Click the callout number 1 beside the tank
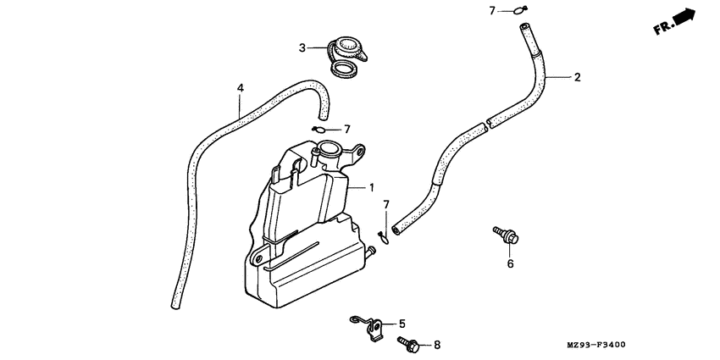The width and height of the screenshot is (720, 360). coord(372,187)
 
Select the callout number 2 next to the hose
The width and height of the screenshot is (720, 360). coord(577,77)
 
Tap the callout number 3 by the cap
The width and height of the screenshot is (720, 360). coord(302,47)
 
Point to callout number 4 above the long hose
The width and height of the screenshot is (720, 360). coord(240,88)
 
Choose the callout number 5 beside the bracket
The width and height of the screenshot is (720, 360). coord(402,324)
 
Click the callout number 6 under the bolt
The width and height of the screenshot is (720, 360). coord(510,263)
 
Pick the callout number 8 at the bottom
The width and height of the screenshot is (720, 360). coord(437,345)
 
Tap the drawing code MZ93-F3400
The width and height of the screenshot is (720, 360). coord(596,345)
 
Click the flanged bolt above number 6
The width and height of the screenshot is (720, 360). coord(506,235)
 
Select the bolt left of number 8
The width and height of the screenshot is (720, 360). coord(407,342)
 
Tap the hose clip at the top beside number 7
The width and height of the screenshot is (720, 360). coord(520,10)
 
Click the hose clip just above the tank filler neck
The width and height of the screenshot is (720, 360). coord(318,130)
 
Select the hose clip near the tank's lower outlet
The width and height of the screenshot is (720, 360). coord(383,238)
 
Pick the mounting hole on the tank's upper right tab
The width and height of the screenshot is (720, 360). coord(361,150)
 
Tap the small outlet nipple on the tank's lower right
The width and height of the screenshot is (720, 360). coord(370,251)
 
